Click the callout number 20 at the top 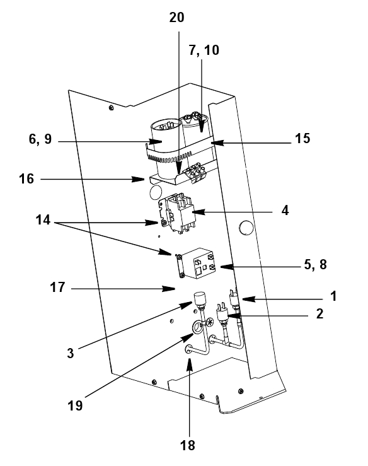[177, 18]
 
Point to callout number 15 [302, 138]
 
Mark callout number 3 [70, 354]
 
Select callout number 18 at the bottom [187, 446]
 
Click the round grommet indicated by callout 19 [197, 327]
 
